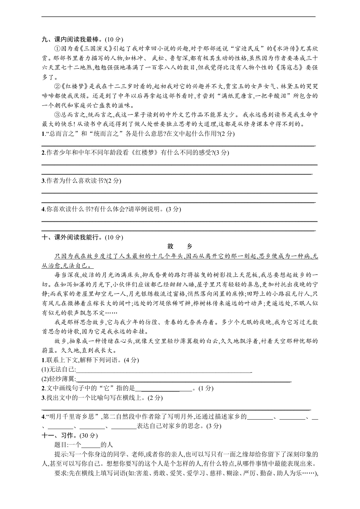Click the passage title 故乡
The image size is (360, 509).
click(180, 246)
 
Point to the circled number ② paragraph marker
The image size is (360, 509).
click(57, 86)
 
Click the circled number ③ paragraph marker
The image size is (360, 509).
click(57, 115)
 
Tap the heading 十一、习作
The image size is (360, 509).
click(58, 435)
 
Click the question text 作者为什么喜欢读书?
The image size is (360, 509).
click(76, 181)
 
